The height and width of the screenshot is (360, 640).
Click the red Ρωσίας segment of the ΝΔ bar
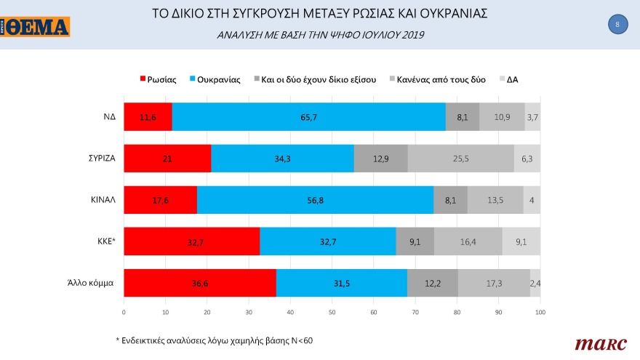tap(148, 117)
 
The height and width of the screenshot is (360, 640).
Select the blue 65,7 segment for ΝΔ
tap(308, 117)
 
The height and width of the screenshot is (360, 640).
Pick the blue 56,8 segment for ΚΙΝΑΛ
tap(315, 200)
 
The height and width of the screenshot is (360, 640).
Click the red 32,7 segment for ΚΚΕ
tap(191, 241)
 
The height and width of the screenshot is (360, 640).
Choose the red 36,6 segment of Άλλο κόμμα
tap(199, 283)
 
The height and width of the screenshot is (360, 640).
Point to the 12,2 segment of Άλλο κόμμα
tap(432, 283)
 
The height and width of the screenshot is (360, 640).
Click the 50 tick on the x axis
tap(332, 312)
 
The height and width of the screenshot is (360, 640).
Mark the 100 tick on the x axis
tap(540, 312)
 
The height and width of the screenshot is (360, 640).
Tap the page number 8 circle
tap(617, 24)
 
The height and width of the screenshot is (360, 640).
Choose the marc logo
tap(596, 343)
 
